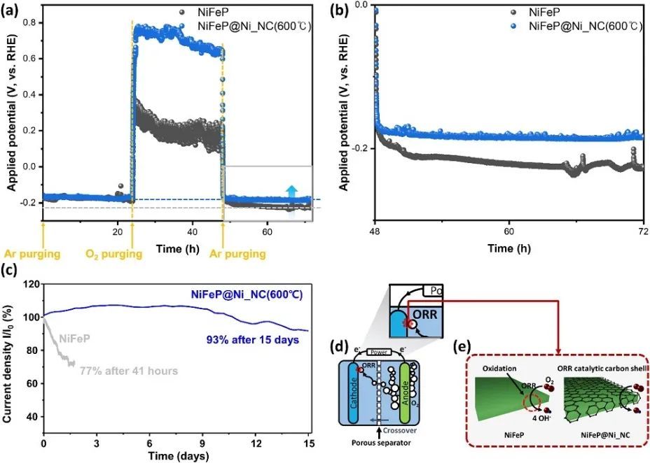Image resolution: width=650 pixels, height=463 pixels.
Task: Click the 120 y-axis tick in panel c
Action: click(29, 284)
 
